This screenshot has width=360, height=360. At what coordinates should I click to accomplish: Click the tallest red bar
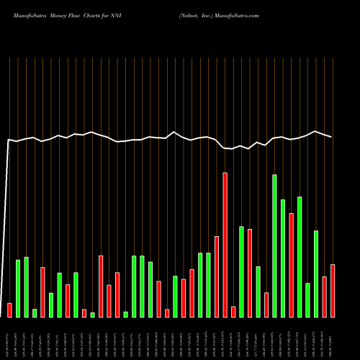click(x=225, y=245)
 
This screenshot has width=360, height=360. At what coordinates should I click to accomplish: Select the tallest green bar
click(x=275, y=246)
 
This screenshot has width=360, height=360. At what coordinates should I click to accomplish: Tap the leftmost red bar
click(x=9, y=310)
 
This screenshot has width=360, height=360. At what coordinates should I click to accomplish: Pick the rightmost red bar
click(x=333, y=290)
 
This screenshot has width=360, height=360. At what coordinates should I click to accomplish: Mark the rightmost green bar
click(x=316, y=274)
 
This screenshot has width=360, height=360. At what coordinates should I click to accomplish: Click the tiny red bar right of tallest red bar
click(x=233, y=311)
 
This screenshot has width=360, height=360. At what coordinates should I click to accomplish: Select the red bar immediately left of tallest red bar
click(x=217, y=276)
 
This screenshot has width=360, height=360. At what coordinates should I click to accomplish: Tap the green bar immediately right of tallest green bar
click(x=283, y=258)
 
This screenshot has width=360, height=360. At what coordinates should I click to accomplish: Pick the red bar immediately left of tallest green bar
click(x=266, y=305)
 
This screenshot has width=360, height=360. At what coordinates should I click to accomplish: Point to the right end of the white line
click(x=332, y=137)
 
